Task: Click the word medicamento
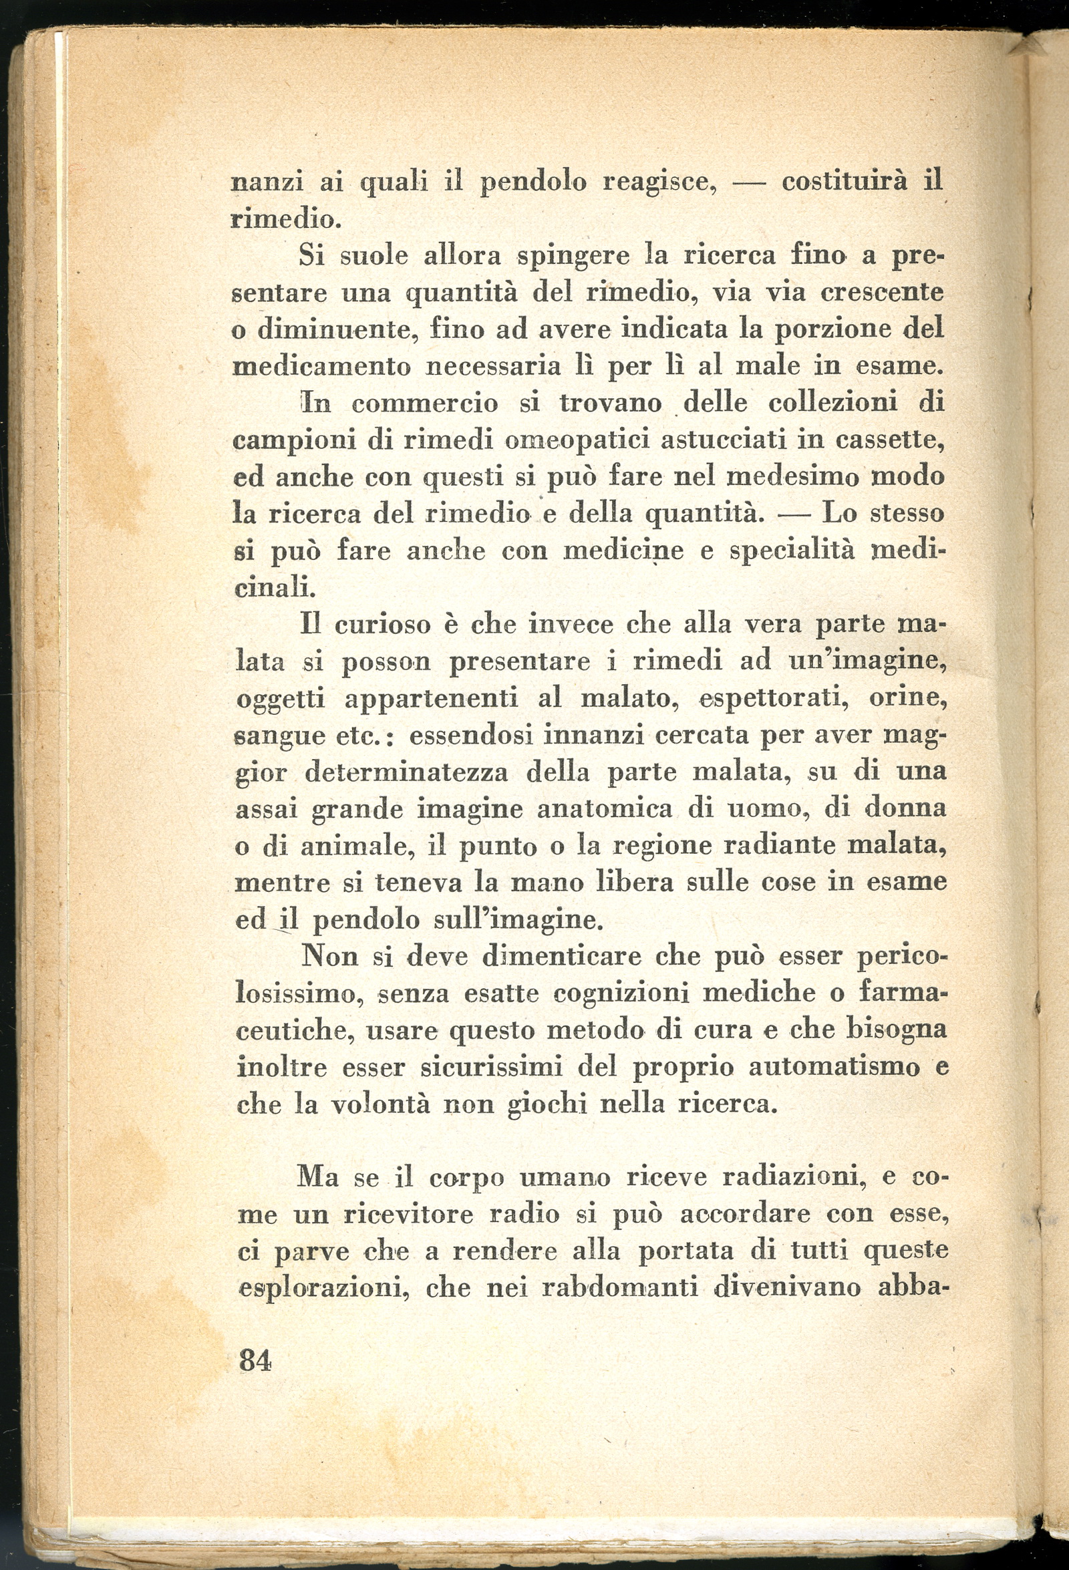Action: [321, 367]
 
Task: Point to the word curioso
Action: [383, 624]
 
